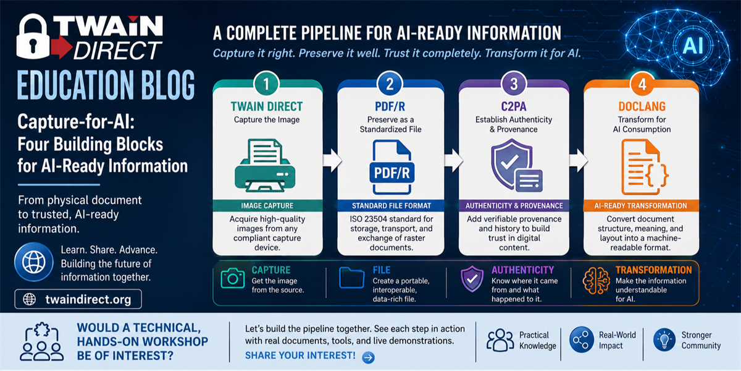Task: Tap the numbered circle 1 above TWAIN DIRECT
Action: click(266, 84)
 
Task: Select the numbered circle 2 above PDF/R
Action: click(390, 84)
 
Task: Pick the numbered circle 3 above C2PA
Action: click(514, 84)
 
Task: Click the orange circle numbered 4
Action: click(642, 84)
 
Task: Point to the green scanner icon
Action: click(266, 165)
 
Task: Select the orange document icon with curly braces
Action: click(645, 166)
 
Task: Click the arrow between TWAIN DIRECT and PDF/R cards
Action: click(332, 161)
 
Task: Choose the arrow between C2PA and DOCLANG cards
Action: click(579, 161)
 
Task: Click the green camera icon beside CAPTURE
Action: click(233, 278)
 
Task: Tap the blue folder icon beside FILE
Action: click(351, 277)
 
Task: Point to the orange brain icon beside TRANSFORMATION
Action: click(597, 281)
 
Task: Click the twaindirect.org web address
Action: click(88, 299)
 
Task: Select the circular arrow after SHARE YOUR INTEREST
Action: click(368, 357)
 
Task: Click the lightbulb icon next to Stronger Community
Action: click(664, 339)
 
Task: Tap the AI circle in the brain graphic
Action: click(693, 45)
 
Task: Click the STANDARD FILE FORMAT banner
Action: click(391, 206)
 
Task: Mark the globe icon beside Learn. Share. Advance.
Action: click(34, 262)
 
